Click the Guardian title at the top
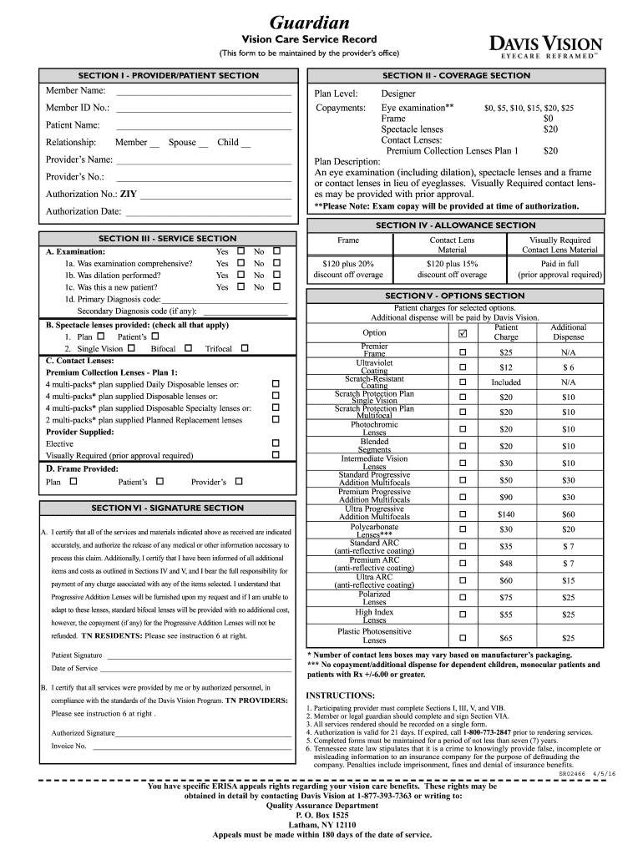(309, 22)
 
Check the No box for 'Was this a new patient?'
(277, 287)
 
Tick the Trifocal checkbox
(245, 348)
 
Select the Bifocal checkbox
(188, 348)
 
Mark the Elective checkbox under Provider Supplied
(276, 443)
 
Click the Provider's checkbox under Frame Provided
(239, 482)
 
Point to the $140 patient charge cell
(506, 514)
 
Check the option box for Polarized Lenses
(463, 597)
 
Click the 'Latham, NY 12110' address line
(321, 824)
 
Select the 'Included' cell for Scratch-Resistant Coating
(506, 382)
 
